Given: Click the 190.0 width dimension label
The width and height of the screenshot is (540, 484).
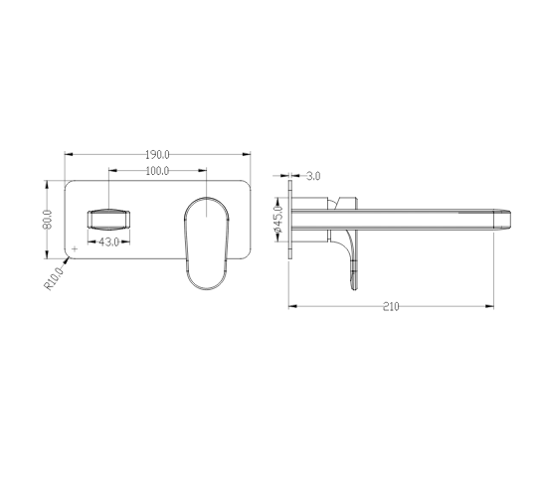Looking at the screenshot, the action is coord(157,155).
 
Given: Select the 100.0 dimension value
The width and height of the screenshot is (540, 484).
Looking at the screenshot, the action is coord(157,171).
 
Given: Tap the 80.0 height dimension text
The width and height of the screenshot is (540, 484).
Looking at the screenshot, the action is coord(47,220).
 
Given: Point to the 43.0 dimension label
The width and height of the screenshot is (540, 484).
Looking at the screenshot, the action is coord(109,242).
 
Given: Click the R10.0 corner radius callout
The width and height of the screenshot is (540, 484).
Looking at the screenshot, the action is coord(55,278).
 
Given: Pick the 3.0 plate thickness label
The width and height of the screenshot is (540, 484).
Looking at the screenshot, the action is coord(313,176).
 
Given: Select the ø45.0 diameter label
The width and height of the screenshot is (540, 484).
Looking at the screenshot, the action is coord(277,219).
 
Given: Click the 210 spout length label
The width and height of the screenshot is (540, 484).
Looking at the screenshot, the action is coord(391,306).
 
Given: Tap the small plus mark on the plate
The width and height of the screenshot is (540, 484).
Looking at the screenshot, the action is coord(75,248).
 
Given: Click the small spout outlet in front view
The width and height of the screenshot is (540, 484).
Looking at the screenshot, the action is coord(109,220).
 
